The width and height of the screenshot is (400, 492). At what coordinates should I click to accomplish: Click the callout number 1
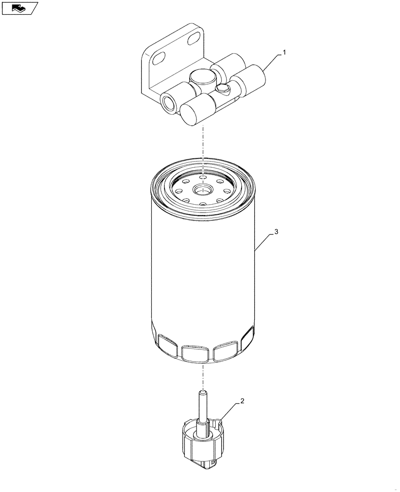point(283,52)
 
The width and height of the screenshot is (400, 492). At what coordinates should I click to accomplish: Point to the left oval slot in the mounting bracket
point(159,59)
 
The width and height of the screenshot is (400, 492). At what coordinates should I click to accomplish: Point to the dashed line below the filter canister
point(202,376)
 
